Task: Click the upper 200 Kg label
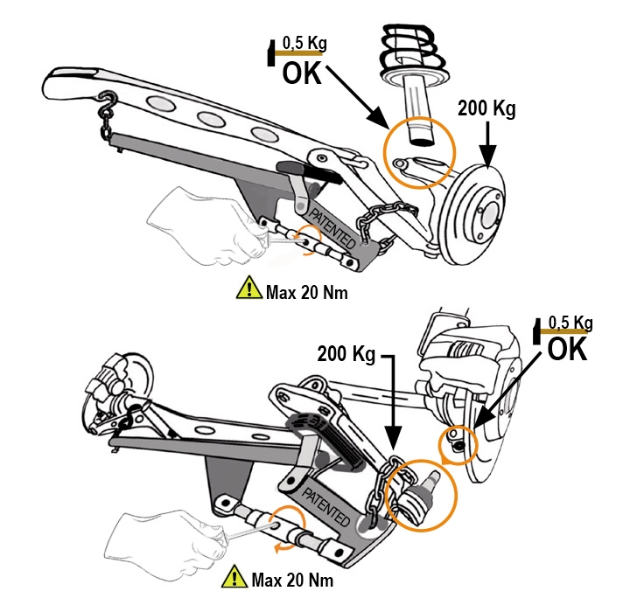point(486,110)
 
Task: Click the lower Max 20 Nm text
point(291,579)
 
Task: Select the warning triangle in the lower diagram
point(234,577)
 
